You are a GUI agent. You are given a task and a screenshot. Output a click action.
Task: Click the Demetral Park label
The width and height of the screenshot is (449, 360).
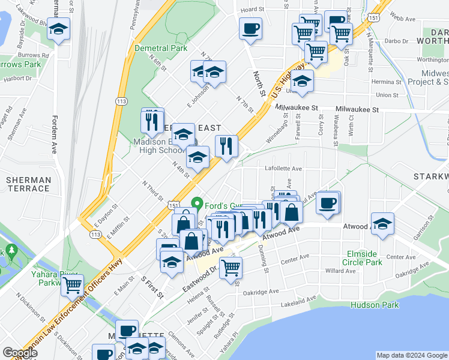pos(161,48)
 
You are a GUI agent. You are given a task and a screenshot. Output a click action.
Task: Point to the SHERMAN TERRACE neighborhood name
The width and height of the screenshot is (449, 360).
pos(28,184)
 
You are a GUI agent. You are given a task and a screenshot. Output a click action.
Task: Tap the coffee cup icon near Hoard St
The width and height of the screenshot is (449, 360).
pos(250,28)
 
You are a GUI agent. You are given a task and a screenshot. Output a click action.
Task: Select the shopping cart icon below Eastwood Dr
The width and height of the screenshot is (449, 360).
pos(231,267)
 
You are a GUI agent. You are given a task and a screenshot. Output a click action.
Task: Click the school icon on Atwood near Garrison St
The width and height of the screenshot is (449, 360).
pos(382,224)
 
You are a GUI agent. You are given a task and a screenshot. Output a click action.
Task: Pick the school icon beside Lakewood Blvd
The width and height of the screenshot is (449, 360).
pos(59,29)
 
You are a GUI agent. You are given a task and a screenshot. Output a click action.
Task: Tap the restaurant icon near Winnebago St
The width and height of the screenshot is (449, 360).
pos(226,146)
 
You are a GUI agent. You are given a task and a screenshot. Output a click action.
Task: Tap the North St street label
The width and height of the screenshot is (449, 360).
pos(259,84)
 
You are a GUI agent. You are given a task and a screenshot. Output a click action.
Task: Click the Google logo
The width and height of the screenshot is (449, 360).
pos(20,353)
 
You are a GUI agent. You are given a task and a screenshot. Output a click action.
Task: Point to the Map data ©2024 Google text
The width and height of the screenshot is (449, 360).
pos(412,355)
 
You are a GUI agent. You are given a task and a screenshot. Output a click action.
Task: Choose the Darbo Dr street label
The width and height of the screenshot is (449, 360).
pos(396,41)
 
